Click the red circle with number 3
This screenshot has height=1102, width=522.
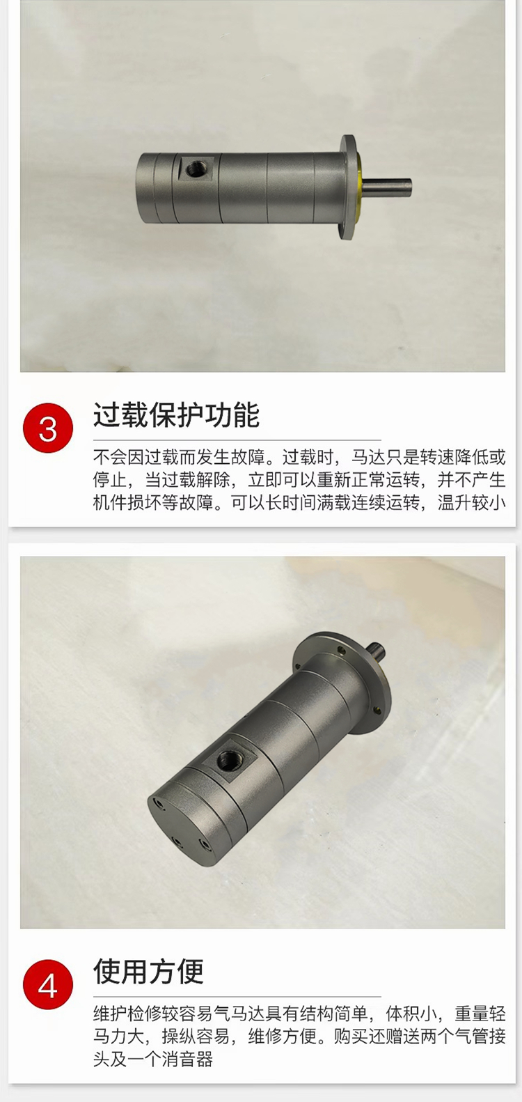pyautogui.click(x=48, y=428)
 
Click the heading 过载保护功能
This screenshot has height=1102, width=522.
pyautogui.click(x=176, y=416)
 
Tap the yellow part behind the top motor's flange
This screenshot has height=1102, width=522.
pyautogui.click(x=361, y=187)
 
